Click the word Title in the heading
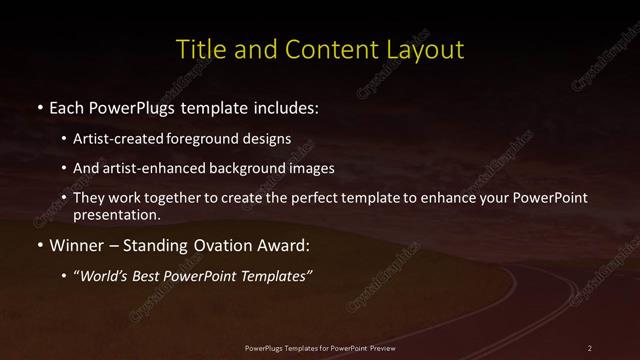(x=199, y=49)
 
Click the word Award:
(x=283, y=243)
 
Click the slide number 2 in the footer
(x=590, y=348)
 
